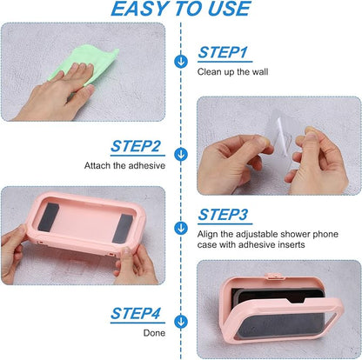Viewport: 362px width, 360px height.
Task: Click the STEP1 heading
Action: pos(223,52)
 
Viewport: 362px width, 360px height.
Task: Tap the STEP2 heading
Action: pos(136,146)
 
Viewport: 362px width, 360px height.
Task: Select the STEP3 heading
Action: pos(223,215)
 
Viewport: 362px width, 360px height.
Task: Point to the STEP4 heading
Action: pos(136,313)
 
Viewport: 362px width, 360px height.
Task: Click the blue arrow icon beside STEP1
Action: pos(181,62)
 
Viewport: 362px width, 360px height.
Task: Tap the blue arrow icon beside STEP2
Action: pos(181,154)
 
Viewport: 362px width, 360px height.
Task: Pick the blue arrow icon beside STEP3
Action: pos(181,228)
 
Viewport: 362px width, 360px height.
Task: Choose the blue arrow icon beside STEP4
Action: pos(181,322)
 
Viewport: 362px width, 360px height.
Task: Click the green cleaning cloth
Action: pos(87,63)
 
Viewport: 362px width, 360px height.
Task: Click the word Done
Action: pos(154,333)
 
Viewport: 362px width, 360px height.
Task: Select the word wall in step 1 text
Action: pos(260,71)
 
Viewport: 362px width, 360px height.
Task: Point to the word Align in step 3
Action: pos(208,234)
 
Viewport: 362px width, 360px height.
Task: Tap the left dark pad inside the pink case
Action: pos(49,217)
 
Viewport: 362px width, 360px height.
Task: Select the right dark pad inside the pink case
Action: pos(123,229)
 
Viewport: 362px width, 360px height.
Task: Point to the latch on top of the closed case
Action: pos(274,276)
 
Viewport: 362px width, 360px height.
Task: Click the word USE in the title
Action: pos(229,9)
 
